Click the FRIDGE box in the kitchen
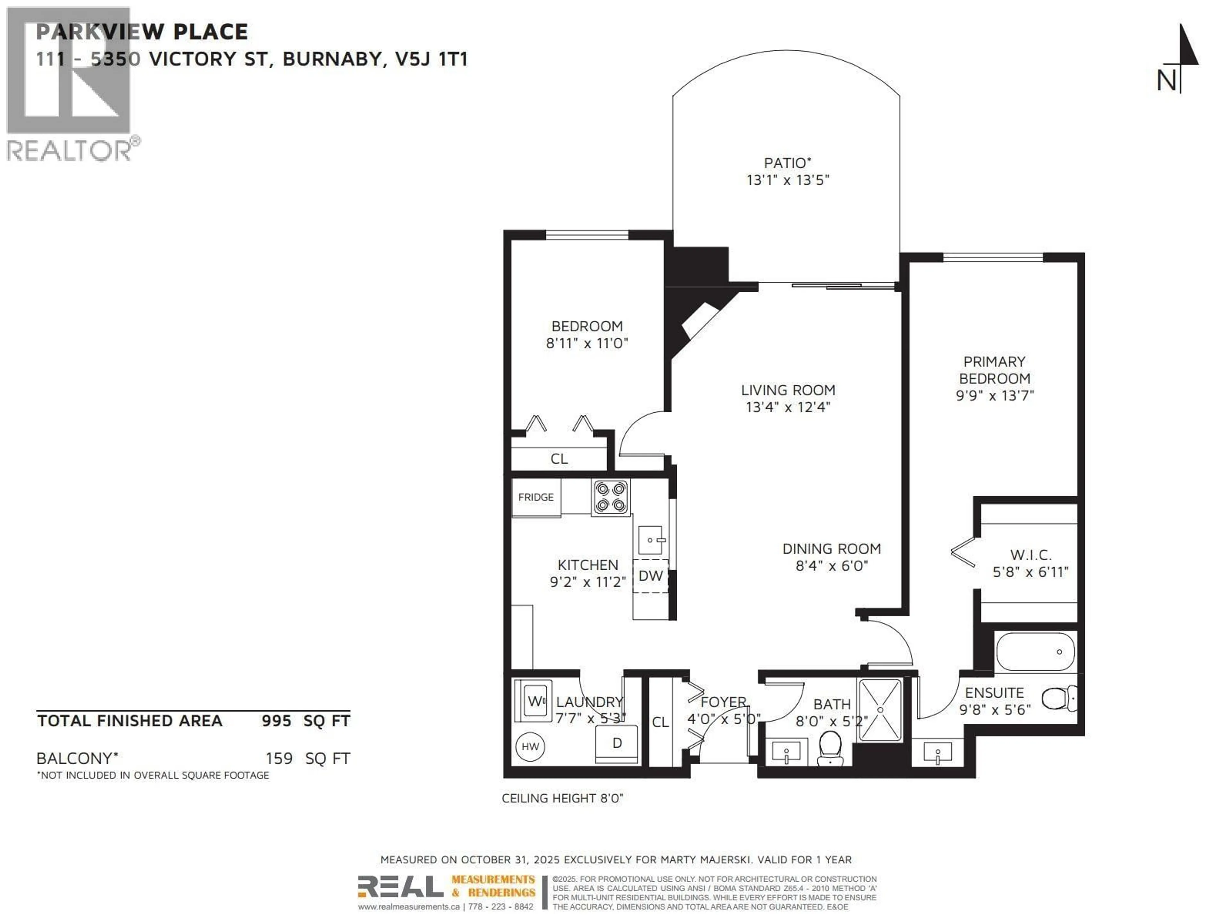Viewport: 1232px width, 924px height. tap(536, 497)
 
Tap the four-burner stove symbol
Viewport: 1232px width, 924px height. tap(611, 497)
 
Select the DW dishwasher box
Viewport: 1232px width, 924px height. tap(650, 576)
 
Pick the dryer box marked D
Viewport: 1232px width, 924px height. tap(617, 744)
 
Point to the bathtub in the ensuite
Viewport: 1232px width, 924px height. tap(1035, 652)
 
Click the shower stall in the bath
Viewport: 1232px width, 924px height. tap(880, 710)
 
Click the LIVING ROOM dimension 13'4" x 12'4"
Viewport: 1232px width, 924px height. tap(788, 407)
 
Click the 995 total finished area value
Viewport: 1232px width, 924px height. tap(276, 721)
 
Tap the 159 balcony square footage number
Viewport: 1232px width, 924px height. tap(279, 758)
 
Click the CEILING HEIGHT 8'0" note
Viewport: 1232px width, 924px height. tap(562, 798)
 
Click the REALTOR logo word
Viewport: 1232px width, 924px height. tap(70, 150)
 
